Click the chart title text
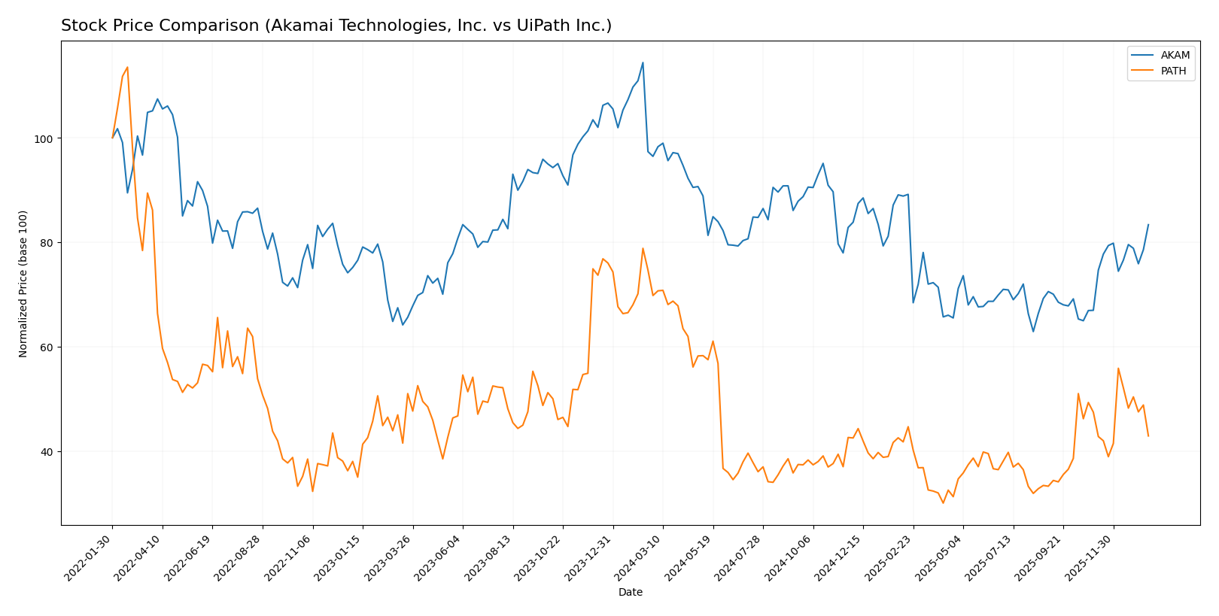pyautogui.click(x=336, y=26)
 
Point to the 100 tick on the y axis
pyautogui.click(x=44, y=138)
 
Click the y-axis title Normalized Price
pyautogui.click(x=23, y=284)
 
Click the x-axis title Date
pyautogui.click(x=630, y=593)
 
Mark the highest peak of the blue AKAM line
pyautogui.click(x=643, y=62)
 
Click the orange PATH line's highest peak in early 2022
pyautogui.click(x=127, y=67)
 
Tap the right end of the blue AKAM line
pyautogui.click(x=1148, y=224)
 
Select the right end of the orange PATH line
pyautogui.click(x=1148, y=436)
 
